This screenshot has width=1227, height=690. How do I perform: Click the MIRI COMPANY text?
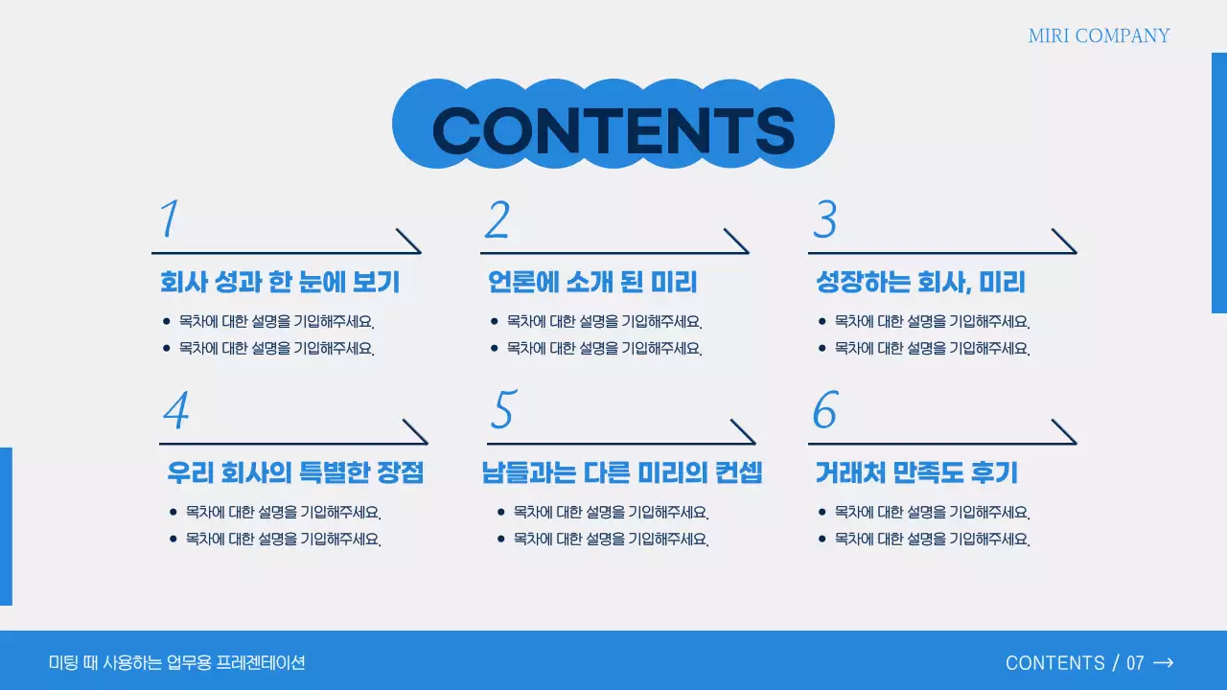1099,36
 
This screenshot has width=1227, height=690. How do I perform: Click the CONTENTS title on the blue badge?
613,128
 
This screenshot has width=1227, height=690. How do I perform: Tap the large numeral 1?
170,219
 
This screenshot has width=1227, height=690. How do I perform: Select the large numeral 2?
497,219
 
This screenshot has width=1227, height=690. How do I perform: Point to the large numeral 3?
824,219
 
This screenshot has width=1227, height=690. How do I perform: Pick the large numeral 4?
175,411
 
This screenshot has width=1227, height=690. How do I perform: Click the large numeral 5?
502,410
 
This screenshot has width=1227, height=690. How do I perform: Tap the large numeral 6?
824,410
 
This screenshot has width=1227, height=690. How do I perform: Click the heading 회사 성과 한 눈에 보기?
280,283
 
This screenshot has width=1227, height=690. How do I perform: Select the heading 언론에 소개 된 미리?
592,283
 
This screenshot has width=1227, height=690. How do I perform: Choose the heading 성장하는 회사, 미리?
920,283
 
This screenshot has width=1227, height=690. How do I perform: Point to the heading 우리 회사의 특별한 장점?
295,472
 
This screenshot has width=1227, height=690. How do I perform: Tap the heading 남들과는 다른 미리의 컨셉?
622,472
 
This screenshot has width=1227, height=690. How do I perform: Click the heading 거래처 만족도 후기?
916,472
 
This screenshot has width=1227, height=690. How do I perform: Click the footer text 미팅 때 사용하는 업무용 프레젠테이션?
177,662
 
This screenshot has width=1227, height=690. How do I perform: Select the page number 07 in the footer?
1135,663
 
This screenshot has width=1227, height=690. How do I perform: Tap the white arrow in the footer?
1163,662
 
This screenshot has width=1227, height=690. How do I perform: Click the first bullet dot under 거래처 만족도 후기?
822,513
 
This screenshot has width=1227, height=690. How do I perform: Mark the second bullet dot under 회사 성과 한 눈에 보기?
167,348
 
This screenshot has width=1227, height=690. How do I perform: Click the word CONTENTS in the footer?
1054,663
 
